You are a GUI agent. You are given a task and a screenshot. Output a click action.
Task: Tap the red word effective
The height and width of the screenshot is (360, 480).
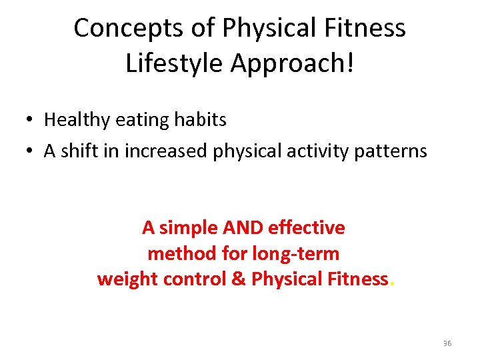click(x=306, y=228)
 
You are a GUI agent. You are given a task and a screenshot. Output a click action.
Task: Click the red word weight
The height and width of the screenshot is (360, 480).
click(x=124, y=279)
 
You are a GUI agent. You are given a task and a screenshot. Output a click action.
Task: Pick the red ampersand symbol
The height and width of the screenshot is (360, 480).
click(x=238, y=279)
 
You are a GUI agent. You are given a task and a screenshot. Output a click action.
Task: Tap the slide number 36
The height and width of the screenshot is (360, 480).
click(x=447, y=343)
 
